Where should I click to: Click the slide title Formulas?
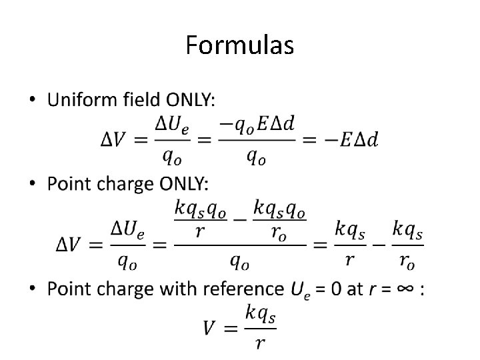tap(239, 46)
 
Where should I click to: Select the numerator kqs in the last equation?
tap(261, 313)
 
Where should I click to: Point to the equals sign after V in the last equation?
tap(230, 327)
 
